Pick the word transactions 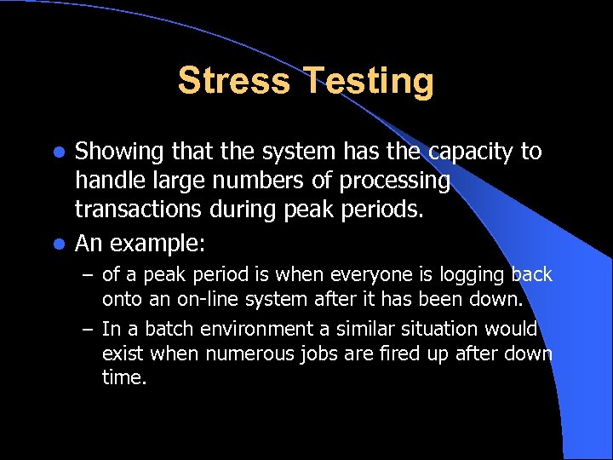point(136,210)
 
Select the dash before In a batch point(88,329)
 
